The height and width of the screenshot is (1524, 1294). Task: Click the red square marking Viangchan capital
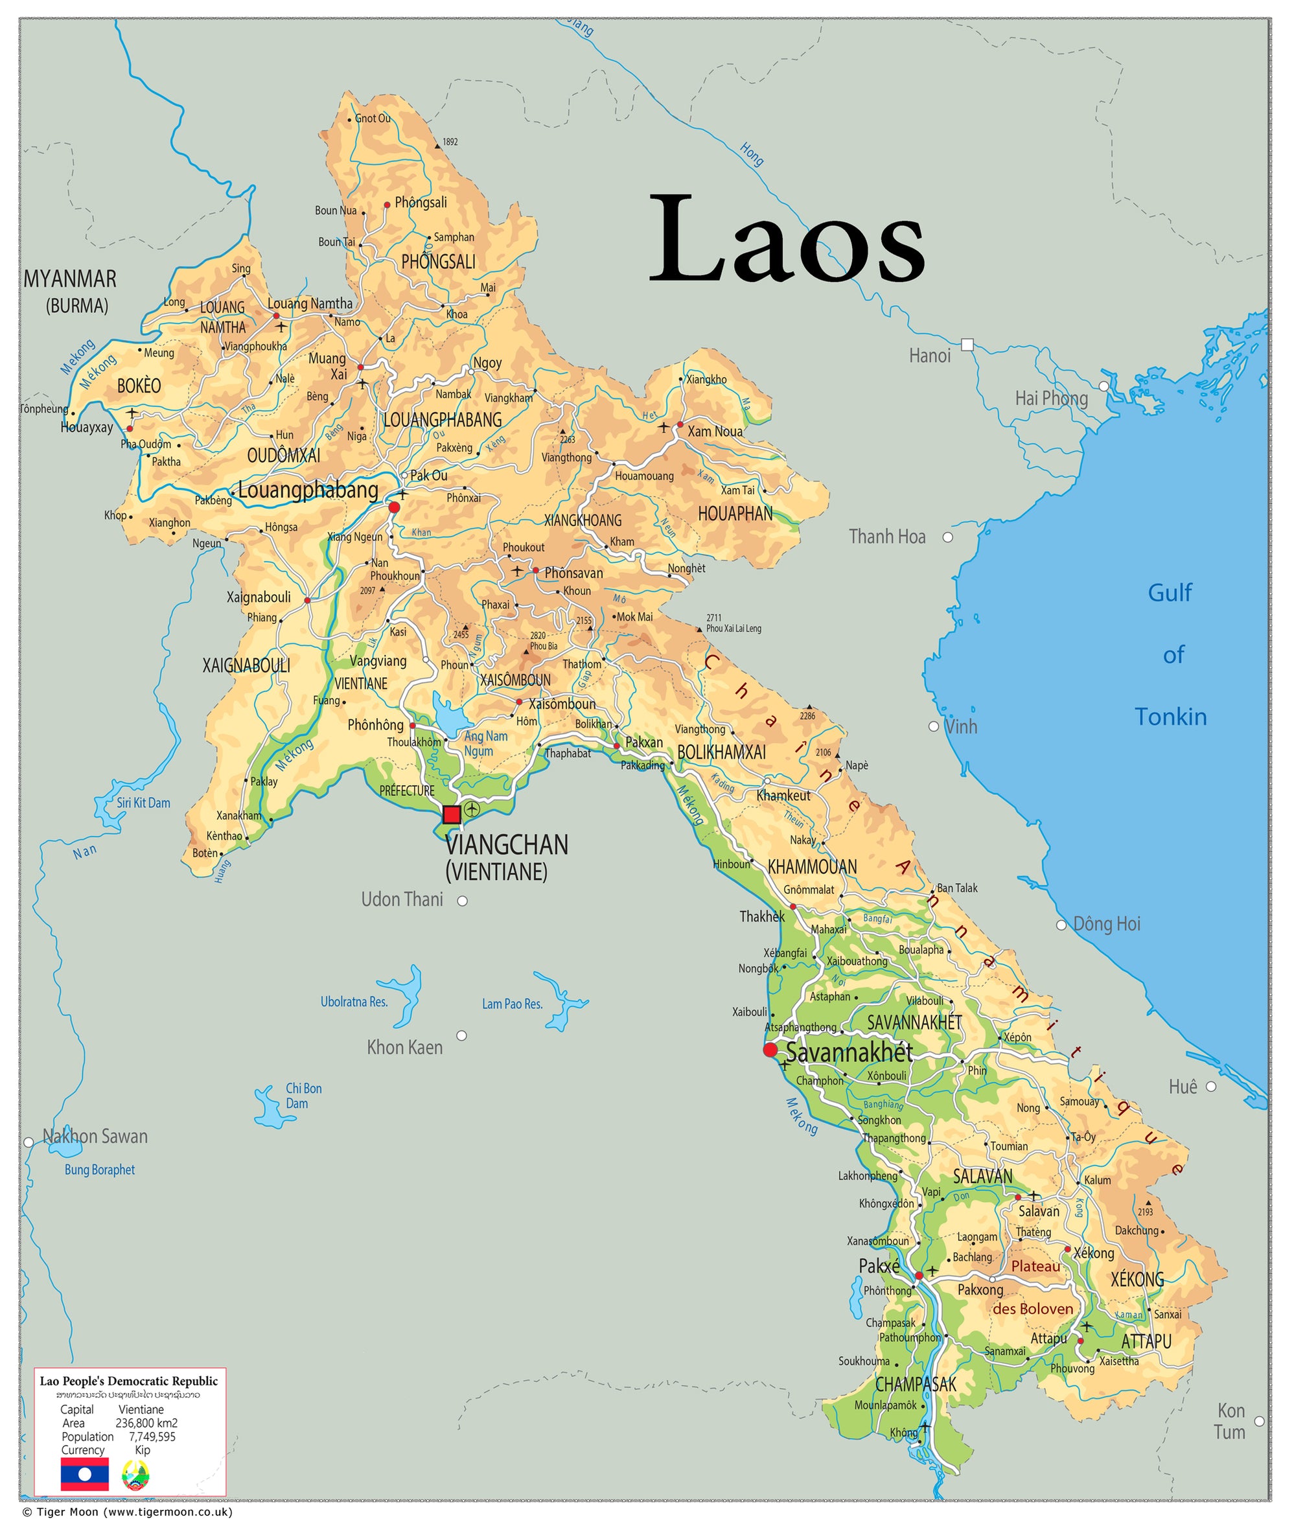coord(452,814)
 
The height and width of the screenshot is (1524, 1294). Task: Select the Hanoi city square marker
coord(967,345)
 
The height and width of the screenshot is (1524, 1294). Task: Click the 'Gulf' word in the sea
coord(1170,593)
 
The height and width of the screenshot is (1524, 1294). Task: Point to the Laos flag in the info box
coord(84,1474)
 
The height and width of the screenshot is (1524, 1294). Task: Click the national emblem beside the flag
coord(135,1474)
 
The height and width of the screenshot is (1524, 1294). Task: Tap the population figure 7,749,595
coord(152,1437)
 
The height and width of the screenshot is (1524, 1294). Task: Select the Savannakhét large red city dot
coord(770,1051)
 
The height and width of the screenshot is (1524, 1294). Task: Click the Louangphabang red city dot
coord(394,507)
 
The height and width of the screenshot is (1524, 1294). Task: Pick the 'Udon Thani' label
coord(402,900)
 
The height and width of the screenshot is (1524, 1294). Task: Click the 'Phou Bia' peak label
coord(544,646)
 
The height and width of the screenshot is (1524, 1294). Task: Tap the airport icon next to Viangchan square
coord(472,809)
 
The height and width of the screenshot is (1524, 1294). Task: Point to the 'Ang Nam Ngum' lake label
coord(485,743)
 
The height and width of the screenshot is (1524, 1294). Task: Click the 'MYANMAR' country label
coord(70,279)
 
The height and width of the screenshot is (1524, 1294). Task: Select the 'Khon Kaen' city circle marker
coord(461,1035)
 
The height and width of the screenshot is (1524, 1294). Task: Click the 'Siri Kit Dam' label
coord(143,803)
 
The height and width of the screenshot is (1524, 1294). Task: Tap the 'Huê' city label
coord(1183,1087)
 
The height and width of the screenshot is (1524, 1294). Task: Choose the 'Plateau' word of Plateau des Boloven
coord(1035,1267)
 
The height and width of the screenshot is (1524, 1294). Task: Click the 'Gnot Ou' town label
coord(373,119)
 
